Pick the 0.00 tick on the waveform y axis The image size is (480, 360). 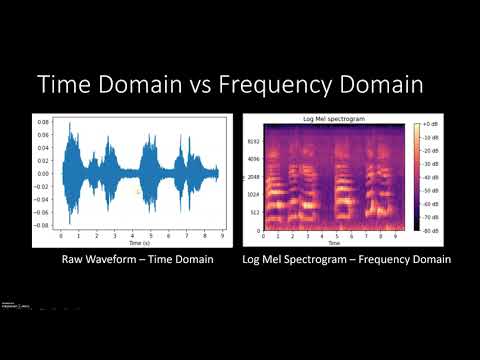pos(45,174)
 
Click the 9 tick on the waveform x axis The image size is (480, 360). pos(220,237)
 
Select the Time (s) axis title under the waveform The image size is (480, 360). pos(140,243)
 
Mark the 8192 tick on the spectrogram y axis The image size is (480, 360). pos(255,142)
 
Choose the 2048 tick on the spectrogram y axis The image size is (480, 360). pos(255,177)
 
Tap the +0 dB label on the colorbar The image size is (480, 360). pos(434,125)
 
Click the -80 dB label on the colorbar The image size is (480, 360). pos(434,230)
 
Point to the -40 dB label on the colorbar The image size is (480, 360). pos(434,177)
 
